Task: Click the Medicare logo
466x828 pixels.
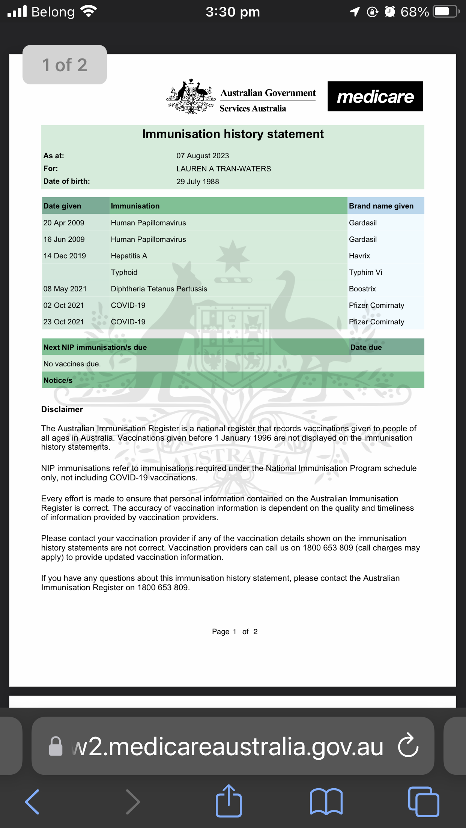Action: pos(375,96)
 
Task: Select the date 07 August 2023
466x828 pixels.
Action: pos(203,156)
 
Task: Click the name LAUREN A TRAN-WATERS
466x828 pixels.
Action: pos(224,169)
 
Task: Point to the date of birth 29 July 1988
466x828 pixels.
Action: pos(198,181)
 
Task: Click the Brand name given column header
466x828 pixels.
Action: pos(381,206)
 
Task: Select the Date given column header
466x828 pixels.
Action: pos(62,206)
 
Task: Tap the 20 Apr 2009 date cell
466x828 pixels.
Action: pos(64,223)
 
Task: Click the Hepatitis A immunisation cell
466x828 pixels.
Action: pos(129,256)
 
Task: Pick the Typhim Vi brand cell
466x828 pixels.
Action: pos(365,272)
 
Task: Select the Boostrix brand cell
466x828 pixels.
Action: pos(362,289)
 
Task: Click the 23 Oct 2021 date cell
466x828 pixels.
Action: pos(64,322)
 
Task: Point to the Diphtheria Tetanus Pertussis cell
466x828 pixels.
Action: pos(159,289)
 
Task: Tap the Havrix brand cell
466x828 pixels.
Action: pos(359,256)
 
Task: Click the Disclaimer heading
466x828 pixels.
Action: pos(62,409)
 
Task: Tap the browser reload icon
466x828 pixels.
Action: pos(408,745)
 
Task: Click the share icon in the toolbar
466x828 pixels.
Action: pos(228,801)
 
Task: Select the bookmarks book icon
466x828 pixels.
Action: pos(326,802)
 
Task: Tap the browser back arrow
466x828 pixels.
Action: pos(32,802)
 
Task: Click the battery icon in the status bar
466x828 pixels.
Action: pos(446,12)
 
